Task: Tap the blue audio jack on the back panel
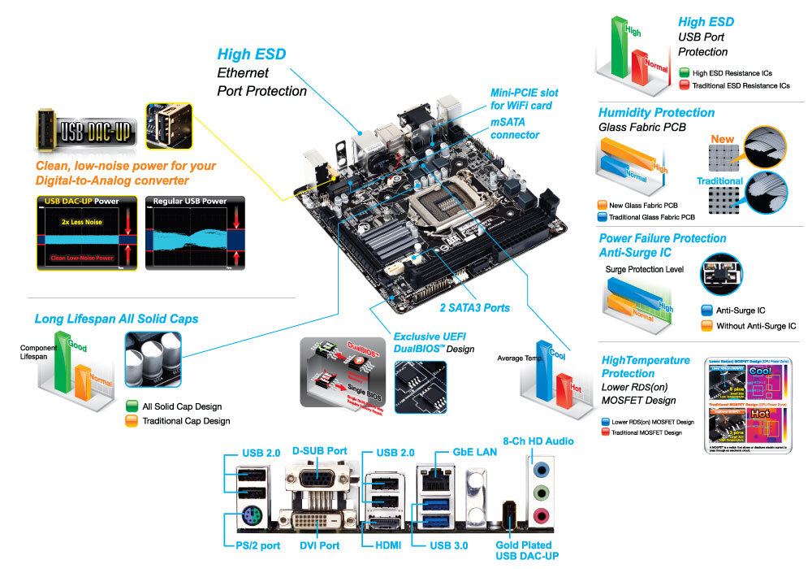click(539, 469)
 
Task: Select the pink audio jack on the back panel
click(539, 514)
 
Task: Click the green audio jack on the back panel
click(539, 492)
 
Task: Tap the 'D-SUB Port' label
click(319, 450)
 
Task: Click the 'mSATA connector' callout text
click(514, 128)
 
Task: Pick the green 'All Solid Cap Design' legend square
click(132, 406)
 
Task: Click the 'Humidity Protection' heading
click(656, 112)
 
